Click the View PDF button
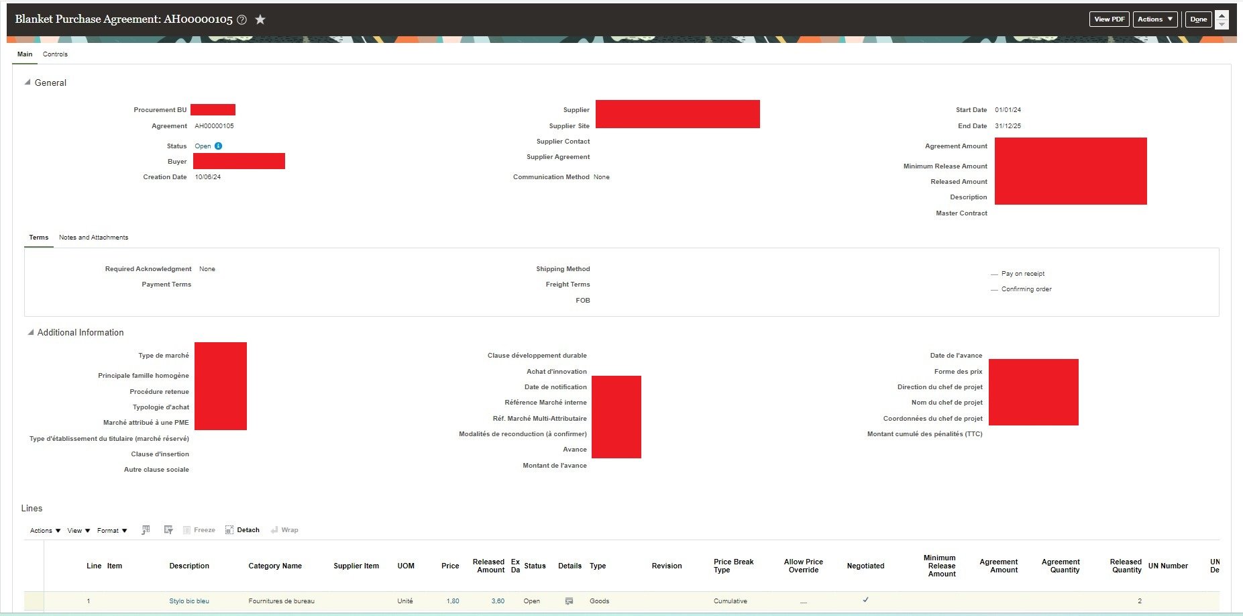(1109, 19)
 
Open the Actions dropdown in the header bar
(1154, 19)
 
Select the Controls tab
(55, 54)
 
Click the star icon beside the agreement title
(260, 19)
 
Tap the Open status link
(203, 146)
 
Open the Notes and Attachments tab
(93, 238)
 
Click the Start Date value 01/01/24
(1008, 110)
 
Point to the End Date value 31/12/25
(1008, 126)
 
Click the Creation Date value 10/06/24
(207, 177)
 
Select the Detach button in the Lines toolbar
(242, 530)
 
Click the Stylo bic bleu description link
(189, 601)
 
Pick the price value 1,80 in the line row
(453, 601)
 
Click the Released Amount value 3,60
(497, 601)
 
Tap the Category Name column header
(275, 566)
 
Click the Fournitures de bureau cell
(281, 601)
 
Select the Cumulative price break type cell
(730, 601)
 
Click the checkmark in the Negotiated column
(865, 600)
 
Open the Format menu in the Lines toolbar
(112, 531)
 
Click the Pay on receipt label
(1022, 274)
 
